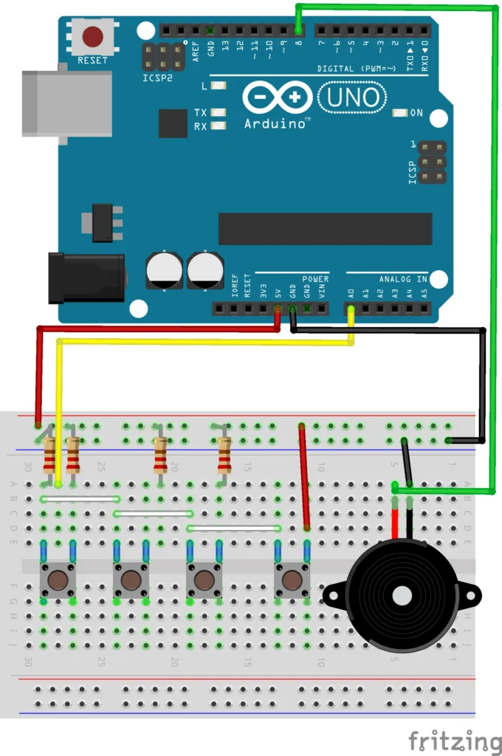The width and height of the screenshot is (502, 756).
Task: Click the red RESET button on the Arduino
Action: coord(92,36)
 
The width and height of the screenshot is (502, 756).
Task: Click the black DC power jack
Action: coord(86,278)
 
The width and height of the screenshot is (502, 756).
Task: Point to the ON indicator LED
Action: coord(400,114)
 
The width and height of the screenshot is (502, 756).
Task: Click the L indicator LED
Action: coord(218,86)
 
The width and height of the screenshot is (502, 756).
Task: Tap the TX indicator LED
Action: coord(218,112)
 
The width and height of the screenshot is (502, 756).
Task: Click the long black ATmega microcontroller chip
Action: coord(325,229)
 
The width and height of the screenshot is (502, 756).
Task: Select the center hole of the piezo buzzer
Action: coord(402,596)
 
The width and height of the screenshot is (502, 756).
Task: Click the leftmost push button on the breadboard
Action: coord(58,580)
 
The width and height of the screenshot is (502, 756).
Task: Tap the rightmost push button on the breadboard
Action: coord(292,580)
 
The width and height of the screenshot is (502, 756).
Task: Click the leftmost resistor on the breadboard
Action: coord(50,455)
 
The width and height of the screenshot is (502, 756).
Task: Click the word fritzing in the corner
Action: coord(455,740)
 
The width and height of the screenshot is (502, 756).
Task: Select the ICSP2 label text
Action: coord(157,76)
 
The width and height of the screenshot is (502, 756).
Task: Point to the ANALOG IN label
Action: coord(403,280)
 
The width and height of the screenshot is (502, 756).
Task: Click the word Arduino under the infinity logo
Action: coord(275,123)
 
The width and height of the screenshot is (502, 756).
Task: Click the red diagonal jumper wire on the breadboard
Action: coord(304,476)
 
